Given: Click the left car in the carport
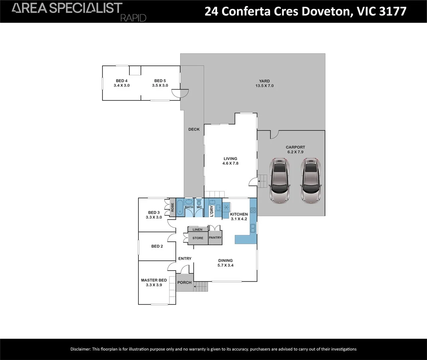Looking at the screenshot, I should (280, 180).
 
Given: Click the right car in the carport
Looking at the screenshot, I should (311, 180).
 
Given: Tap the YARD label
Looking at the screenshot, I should (264, 81).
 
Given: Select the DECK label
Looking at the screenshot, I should (194, 129).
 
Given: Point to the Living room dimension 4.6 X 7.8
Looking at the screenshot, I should (230, 163).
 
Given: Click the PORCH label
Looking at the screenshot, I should (184, 282).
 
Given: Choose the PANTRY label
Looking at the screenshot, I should (215, 238).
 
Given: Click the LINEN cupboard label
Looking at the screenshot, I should (197, 230).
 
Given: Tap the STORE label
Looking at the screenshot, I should (198, 238).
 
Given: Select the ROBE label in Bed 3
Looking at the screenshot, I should (172, 208).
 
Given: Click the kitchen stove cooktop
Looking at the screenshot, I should (253, 210).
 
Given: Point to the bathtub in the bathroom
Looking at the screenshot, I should (179, 207).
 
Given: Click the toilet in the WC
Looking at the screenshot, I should (199, 203).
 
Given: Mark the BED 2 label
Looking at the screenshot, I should (157, 246).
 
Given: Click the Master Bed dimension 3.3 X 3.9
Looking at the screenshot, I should (154, 285).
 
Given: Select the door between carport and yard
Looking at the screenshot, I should (274, 134).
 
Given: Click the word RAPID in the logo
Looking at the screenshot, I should (133, 18).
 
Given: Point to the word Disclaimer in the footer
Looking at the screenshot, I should (80, 349).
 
